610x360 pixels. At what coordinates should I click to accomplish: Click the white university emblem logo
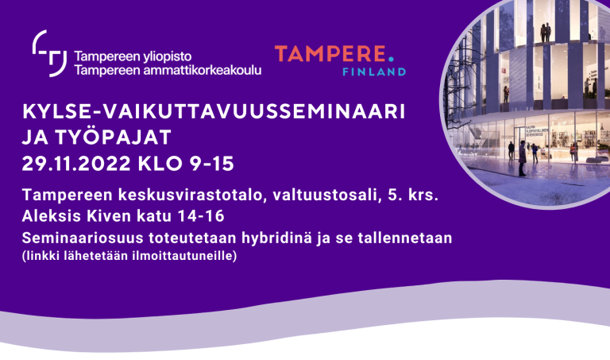click(x=49, y=53)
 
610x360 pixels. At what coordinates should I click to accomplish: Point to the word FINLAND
click(x=376, y=72)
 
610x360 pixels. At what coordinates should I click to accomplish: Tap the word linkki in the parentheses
click(x=44, y=256)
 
